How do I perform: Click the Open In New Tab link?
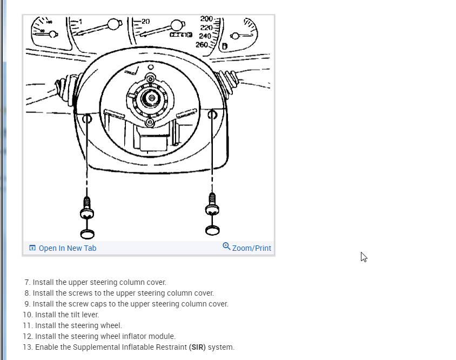point(67,248)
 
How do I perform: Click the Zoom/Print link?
point(251,248)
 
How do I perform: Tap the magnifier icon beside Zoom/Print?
point(226,246)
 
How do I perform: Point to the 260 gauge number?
point(202,44)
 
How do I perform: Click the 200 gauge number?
point(206,19)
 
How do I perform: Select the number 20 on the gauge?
point(145,22)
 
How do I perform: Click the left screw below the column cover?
point(86,206)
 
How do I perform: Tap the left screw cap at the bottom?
point(87,234)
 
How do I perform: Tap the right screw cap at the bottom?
point(212,230)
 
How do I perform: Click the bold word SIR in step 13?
point(197,347)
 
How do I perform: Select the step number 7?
point(27,282)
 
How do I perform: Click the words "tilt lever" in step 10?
point(85,315)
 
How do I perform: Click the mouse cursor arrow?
point(364,257)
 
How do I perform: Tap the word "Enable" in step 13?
point(47,347)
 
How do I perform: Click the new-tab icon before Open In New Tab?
point(32,248)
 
